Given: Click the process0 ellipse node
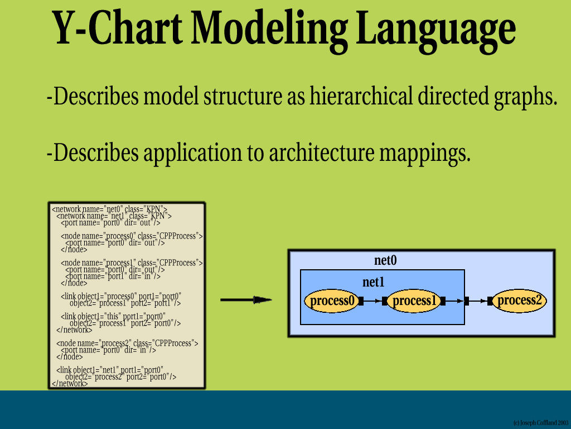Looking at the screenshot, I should [x=332, y=301].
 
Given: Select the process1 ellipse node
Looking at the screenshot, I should [x=414, y=301].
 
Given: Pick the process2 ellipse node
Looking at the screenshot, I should [x=519, y=301].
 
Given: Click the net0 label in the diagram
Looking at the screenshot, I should [x=385, y=260].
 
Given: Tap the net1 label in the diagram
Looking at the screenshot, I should [x=374, y=283].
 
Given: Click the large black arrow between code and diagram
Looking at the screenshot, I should [x=246, y=300].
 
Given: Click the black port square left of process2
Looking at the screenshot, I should [x=490, y=301].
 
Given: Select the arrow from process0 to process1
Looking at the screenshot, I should [x=372, y=301].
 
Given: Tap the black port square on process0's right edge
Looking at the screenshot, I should [x=361, y=301].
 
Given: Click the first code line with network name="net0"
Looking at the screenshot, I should [x=109, y=209].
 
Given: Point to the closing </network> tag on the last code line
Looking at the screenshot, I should [x=70, y=384].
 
